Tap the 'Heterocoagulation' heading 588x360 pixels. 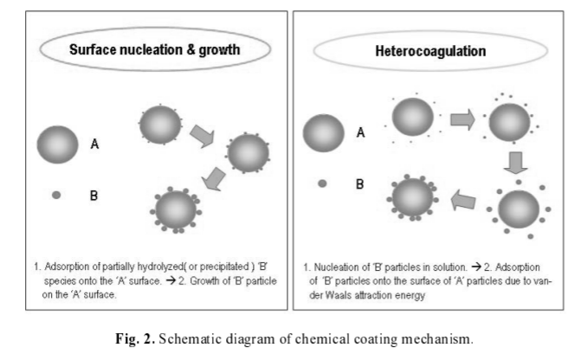click(x=430, y=50)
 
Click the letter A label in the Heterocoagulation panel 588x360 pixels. click(x=361, y=132)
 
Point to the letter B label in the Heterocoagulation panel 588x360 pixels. click(x=361, y=183)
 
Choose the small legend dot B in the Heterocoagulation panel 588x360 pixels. click(x=322, y=183)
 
